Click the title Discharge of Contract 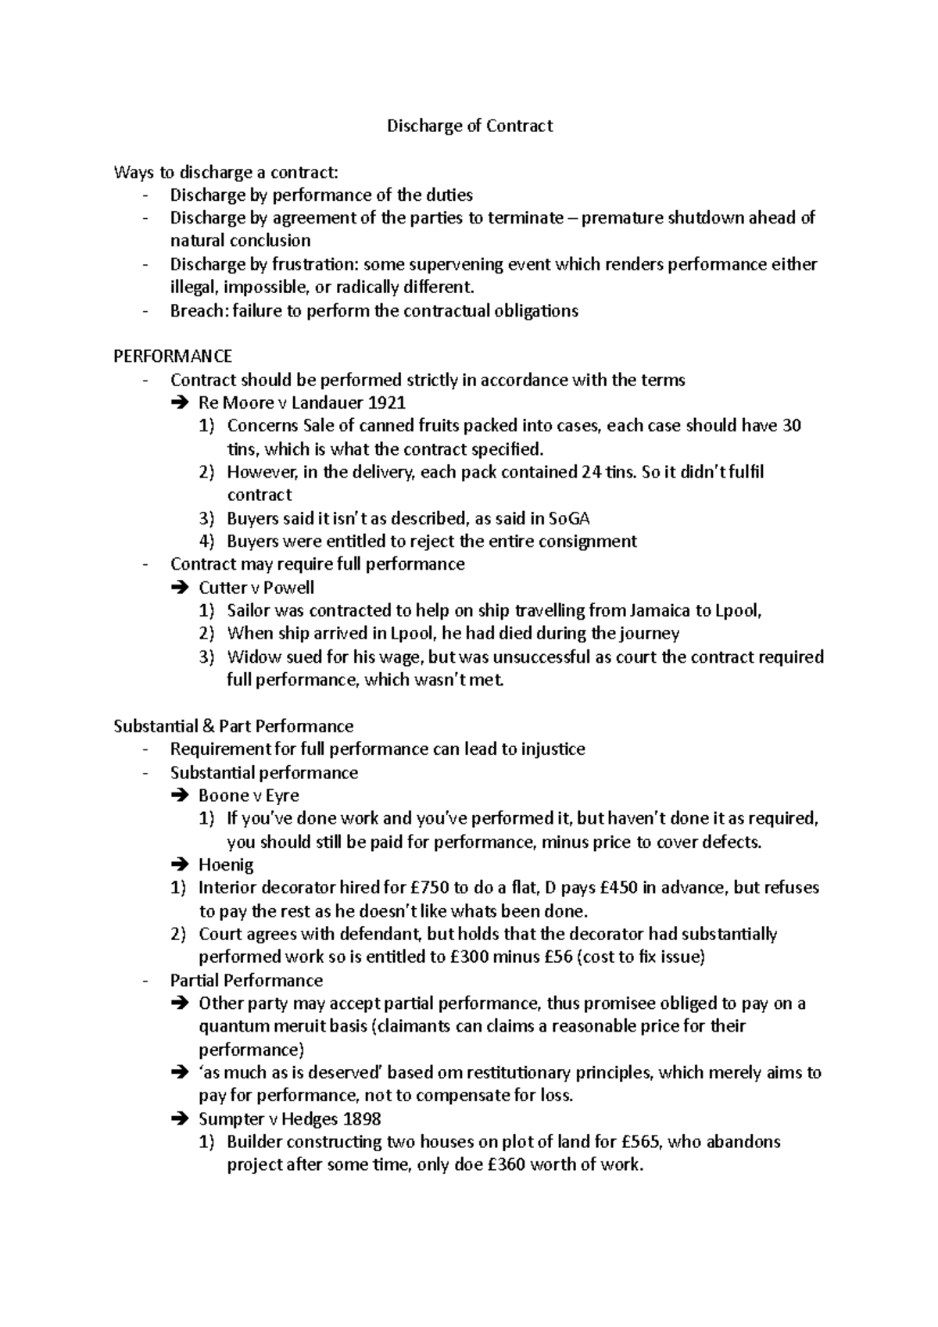[470, 126]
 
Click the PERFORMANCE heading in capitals [173, 356]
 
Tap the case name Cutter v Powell [256, 587]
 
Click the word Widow [248, 656]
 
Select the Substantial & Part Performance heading [233, 726]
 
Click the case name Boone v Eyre [249, 796]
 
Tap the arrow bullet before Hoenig [178, 865]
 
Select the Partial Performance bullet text [246, 980]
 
